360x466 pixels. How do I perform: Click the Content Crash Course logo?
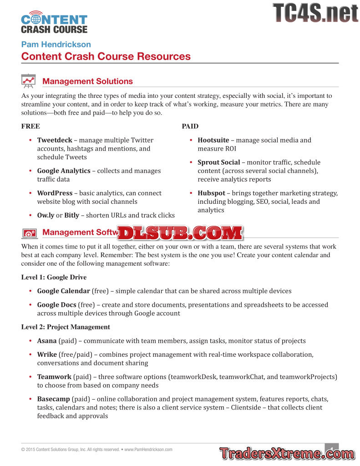tap(54, 22)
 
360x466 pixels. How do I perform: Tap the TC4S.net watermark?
tap(315, 13)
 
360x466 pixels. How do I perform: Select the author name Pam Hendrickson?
tap(56, 44)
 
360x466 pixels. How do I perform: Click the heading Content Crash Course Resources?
tap(106, 56)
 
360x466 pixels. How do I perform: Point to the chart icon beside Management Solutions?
tap(29, 81)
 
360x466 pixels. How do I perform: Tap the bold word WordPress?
tap(55, 193)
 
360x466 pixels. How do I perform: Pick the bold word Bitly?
tap(71, 215)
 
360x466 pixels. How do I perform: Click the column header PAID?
tap(190, 126)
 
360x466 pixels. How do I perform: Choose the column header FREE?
tap(30, 126)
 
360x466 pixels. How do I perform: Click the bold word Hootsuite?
tap(213, 140)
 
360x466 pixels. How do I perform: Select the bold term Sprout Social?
tap(218, 162)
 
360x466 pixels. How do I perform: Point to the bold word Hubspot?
tap(211, 193)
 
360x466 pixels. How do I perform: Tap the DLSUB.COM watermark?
tap(181, 233)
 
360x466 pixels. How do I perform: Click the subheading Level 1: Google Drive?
tap(54, 277)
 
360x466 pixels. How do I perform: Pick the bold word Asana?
tap(47, 340)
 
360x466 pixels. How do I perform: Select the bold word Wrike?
tap(47, 354)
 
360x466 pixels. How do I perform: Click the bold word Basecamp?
tap(53, 399)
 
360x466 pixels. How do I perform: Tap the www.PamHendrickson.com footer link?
tap(148, 450)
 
